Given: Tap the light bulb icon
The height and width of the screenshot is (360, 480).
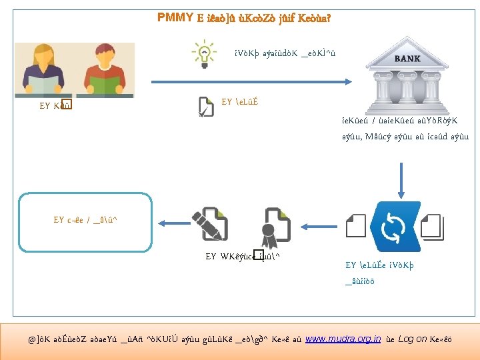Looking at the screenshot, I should (x=203, y=52).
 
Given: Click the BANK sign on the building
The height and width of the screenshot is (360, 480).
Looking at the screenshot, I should (x=407, y=59).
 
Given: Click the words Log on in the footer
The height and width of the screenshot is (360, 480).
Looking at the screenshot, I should (x=413, y=339).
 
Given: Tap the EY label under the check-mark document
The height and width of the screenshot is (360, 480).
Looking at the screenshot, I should (x=239, y=101).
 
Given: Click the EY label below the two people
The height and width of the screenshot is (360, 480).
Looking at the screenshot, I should (x=55, y=105).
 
